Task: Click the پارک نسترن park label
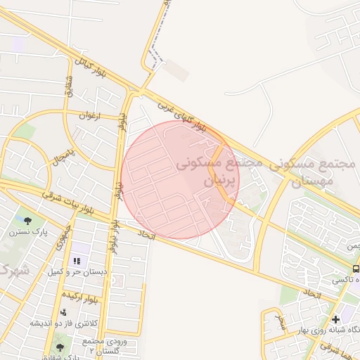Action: (28, 231)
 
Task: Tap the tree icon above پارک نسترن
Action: (27, 220)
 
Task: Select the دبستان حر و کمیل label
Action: (77, 271)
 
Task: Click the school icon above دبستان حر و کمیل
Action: (77, 261)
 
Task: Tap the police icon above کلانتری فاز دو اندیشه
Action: (64, 312)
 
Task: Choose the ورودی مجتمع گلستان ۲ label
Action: (101, 345)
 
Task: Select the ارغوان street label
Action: (90, 115)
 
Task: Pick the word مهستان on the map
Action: (309, 181)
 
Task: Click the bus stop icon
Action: (356, 269)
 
